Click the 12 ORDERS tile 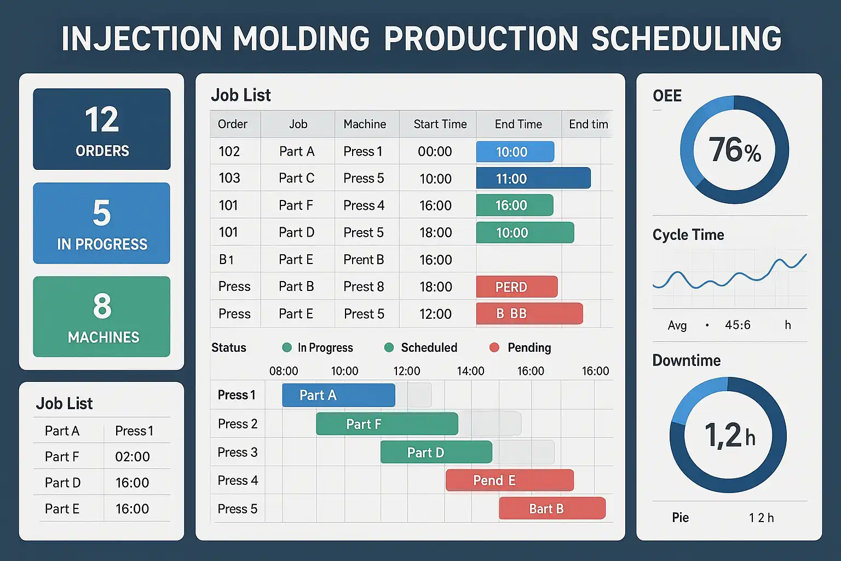[x=102, y=129]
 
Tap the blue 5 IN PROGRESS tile [x=102, y=223]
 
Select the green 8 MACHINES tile [x=102, y=317]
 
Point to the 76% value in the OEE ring [x=734, y=150]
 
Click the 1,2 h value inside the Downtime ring [x=729, y=436]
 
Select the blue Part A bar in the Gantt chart [x=338, y=395]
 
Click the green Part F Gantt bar [x=387, y=424]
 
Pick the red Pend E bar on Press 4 [x=509, y=480]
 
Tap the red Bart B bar [x=552, y=508]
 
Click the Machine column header [x=365, y=124]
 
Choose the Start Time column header [x=440, y=124]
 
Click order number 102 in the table [x=229, y=151]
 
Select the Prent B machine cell [x=364, y=260]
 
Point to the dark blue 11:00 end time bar [x=533, y=179]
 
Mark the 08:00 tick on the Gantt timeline [x=284, y=371]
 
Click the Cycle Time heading [x=688, y=235]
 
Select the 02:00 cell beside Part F [x=133, y=456]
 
